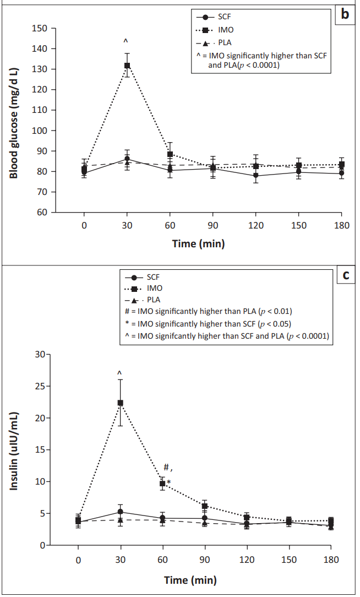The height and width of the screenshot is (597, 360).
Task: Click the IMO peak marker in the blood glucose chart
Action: (127, 66)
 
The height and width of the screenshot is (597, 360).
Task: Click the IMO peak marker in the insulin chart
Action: (120, 403)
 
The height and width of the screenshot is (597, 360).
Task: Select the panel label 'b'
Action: (345, 14)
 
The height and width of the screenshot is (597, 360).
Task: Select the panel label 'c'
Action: (346, 274)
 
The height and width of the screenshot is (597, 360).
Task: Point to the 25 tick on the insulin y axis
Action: (40, 386)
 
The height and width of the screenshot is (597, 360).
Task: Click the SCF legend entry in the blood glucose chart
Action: (214, 17)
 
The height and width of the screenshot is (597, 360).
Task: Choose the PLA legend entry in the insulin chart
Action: (143, 300)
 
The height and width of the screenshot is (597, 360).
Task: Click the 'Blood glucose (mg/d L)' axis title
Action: (14, 123)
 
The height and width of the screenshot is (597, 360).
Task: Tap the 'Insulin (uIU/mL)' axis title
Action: (14, 451)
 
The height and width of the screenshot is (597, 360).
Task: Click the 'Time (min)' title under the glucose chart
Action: (198, 243)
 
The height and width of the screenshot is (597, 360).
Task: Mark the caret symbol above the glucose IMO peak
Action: (126, 41)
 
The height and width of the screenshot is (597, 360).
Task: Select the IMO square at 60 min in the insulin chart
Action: (162, 484)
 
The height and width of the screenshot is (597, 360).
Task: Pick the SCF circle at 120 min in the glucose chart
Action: (256, 176)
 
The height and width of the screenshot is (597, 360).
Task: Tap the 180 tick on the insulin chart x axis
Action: (331, 560)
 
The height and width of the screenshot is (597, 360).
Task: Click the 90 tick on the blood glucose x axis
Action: (213, 225)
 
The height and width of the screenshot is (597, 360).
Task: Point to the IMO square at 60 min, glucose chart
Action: (170, 154)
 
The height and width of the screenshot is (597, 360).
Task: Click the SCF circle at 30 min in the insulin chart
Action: (120, 512)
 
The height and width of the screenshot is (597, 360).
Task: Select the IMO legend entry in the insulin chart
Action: (144, 288)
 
